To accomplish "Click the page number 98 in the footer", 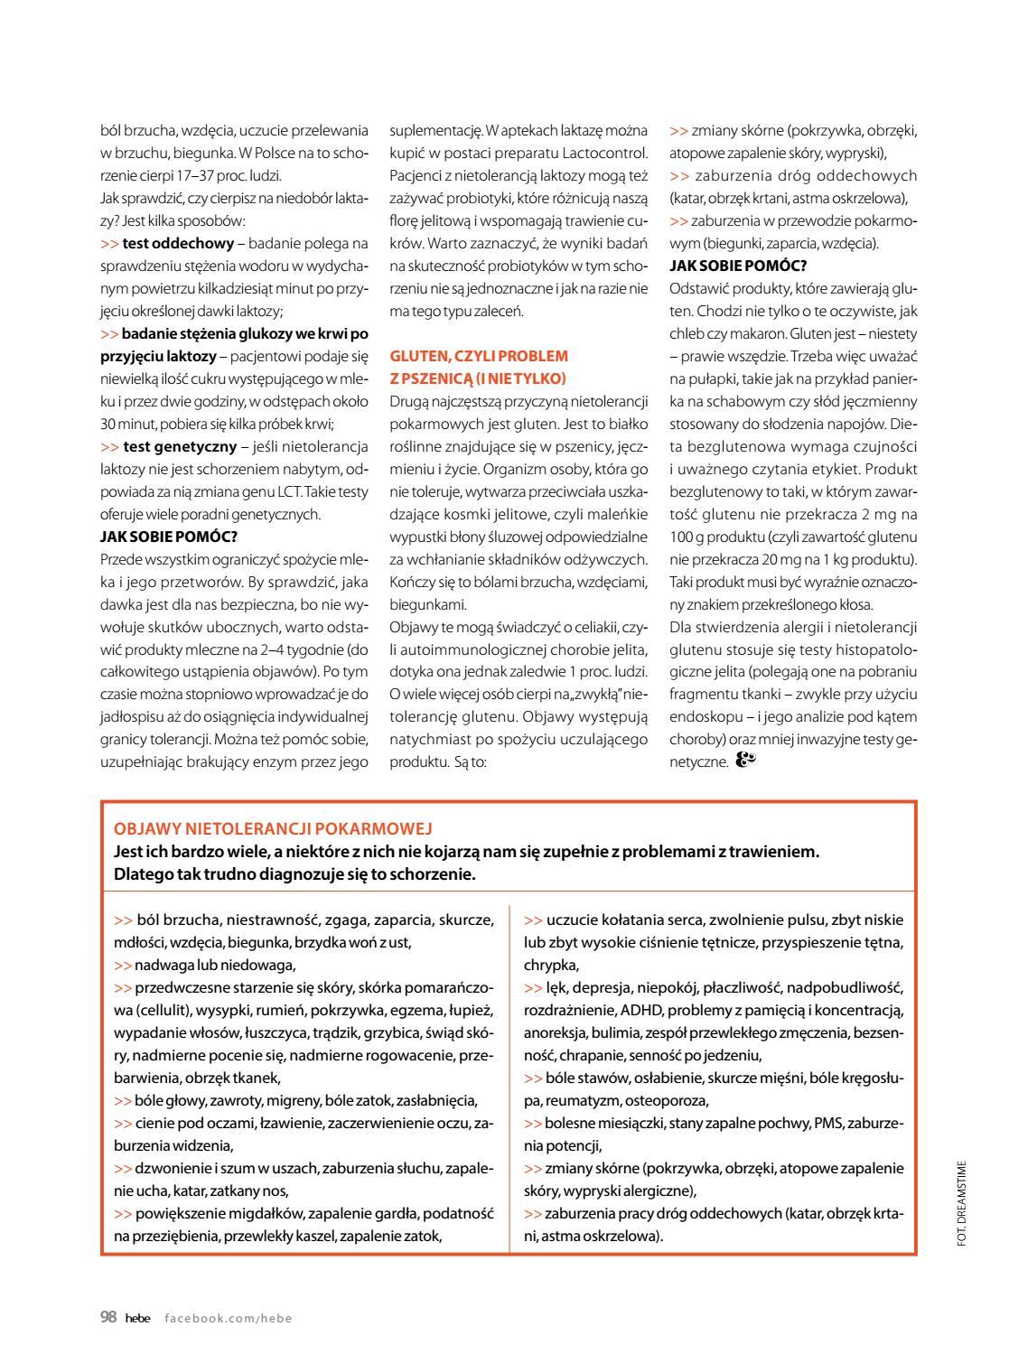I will (108, 1317).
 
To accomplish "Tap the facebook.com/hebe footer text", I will (229, 1318).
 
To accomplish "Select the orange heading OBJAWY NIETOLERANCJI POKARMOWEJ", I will (274, 828).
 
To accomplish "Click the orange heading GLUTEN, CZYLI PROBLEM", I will (479, 356).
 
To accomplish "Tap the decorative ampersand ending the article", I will (745, 761).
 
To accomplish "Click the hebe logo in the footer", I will (137, 1318).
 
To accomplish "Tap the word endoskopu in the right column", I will (703, 716).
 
